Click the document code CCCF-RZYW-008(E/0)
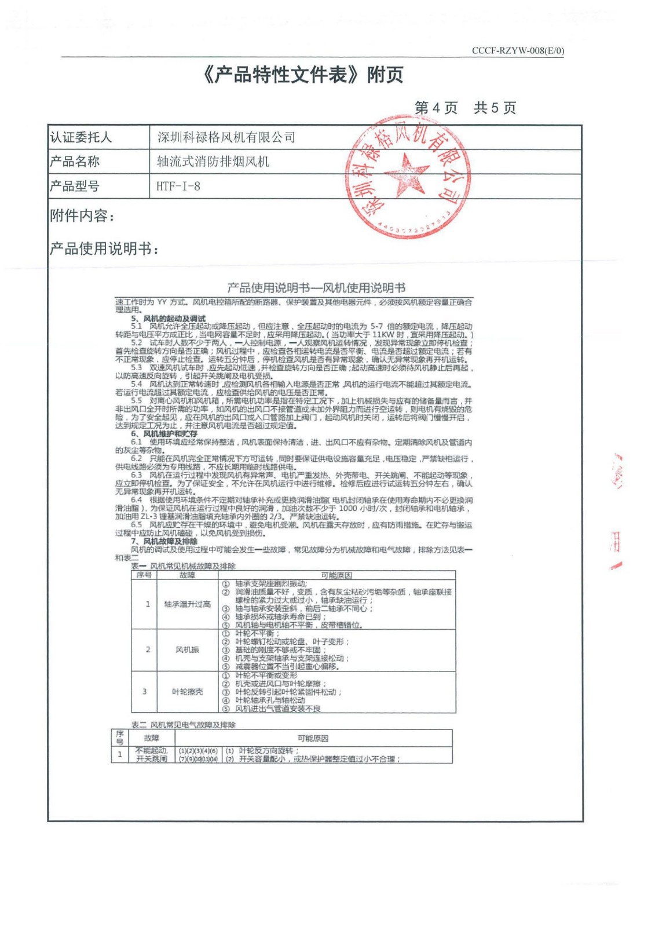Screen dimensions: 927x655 (517, 50)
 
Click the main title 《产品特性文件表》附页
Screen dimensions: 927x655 (303, 75)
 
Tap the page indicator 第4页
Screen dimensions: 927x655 (436, 108)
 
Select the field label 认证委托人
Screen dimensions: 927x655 (80, 137)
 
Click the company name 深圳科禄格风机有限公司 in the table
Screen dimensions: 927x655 (226, 137)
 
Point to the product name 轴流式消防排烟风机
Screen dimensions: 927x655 (213, 162)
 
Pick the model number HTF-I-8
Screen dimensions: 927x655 (178, 187)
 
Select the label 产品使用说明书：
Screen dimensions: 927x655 (104, 249)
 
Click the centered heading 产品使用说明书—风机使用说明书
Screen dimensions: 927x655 (316, 287)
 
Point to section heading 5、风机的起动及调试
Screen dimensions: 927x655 (168, 319)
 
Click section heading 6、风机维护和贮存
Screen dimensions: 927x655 (164, 433)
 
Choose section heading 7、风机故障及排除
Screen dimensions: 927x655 (164, 541)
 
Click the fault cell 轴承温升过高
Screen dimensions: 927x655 (187, 604)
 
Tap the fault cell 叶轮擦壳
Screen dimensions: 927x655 (187, 692)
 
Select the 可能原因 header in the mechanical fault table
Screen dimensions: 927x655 (336, 575)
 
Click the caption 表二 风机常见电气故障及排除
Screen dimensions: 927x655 (183, 725)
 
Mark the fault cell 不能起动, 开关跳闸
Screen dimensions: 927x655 (151, 754)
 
